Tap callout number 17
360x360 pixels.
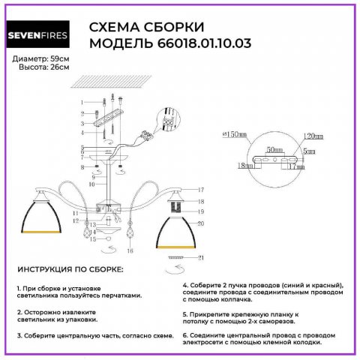201,191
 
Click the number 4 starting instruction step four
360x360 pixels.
185,286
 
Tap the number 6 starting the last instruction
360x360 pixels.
185,334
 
